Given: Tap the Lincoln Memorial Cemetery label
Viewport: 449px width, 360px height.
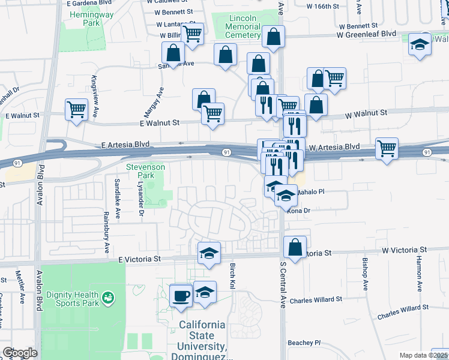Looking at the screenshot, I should [242, 27].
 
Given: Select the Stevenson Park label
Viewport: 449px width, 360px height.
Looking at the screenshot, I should [140, 171].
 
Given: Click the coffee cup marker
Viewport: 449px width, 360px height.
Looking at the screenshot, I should [181, 295].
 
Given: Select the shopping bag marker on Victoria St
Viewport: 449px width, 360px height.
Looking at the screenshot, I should [295, 247].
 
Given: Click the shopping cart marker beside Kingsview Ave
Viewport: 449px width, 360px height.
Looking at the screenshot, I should [76, 110].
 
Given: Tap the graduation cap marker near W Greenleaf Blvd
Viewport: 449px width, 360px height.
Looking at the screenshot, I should [420, 44].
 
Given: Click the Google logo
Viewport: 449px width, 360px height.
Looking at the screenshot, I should [19, 352].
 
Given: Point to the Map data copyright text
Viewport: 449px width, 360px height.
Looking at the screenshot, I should [423, 355].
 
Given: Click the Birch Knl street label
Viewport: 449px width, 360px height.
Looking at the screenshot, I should [232, 276].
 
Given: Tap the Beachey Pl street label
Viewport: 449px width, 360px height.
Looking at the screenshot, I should [304, 343].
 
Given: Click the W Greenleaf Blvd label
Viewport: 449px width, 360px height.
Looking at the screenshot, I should [366, 35].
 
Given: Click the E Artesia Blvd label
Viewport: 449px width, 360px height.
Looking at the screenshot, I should [125, 145].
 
